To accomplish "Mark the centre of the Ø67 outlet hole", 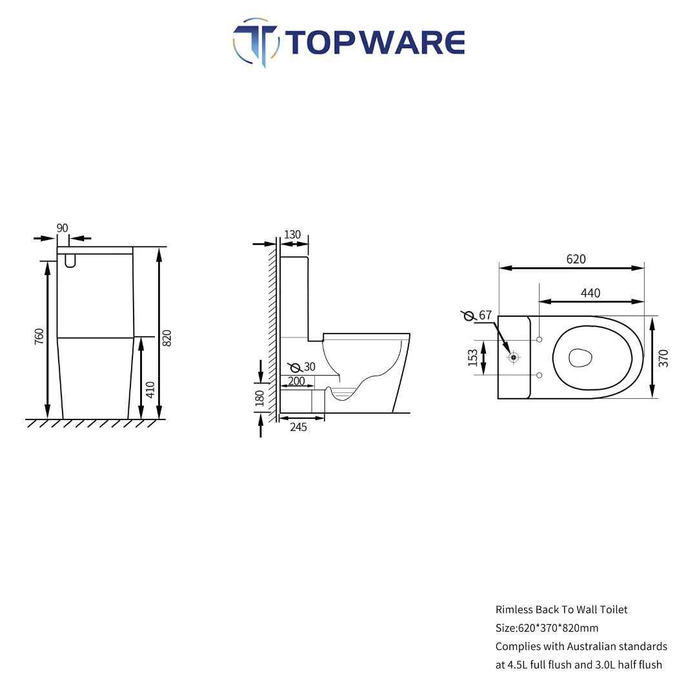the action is tap(514, 357).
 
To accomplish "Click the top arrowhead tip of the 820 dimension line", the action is tap(159, 248).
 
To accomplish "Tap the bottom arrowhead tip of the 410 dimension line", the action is tap(141, 418).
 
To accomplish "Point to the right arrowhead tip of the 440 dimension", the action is tap(643, 301).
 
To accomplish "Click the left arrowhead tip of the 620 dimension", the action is tap(499, 268).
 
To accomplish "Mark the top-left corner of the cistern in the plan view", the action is tap(498, 316).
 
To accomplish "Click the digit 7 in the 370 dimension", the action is tap(663, 358).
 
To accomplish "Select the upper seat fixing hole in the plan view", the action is tap(539, 339).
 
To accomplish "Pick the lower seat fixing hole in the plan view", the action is tap(539, 375).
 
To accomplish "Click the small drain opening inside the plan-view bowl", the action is tap(581, 358).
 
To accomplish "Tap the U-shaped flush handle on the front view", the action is tap(70, 261).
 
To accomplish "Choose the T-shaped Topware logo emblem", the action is tap(256, 42).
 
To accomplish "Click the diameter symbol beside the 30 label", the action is tap(295, 367).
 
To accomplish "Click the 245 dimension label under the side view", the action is tap(298, 427).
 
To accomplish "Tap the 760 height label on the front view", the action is tap(39, 336).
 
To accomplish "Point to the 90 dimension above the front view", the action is tap(62, 228).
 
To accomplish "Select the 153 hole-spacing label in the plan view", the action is tap(472, 358).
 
